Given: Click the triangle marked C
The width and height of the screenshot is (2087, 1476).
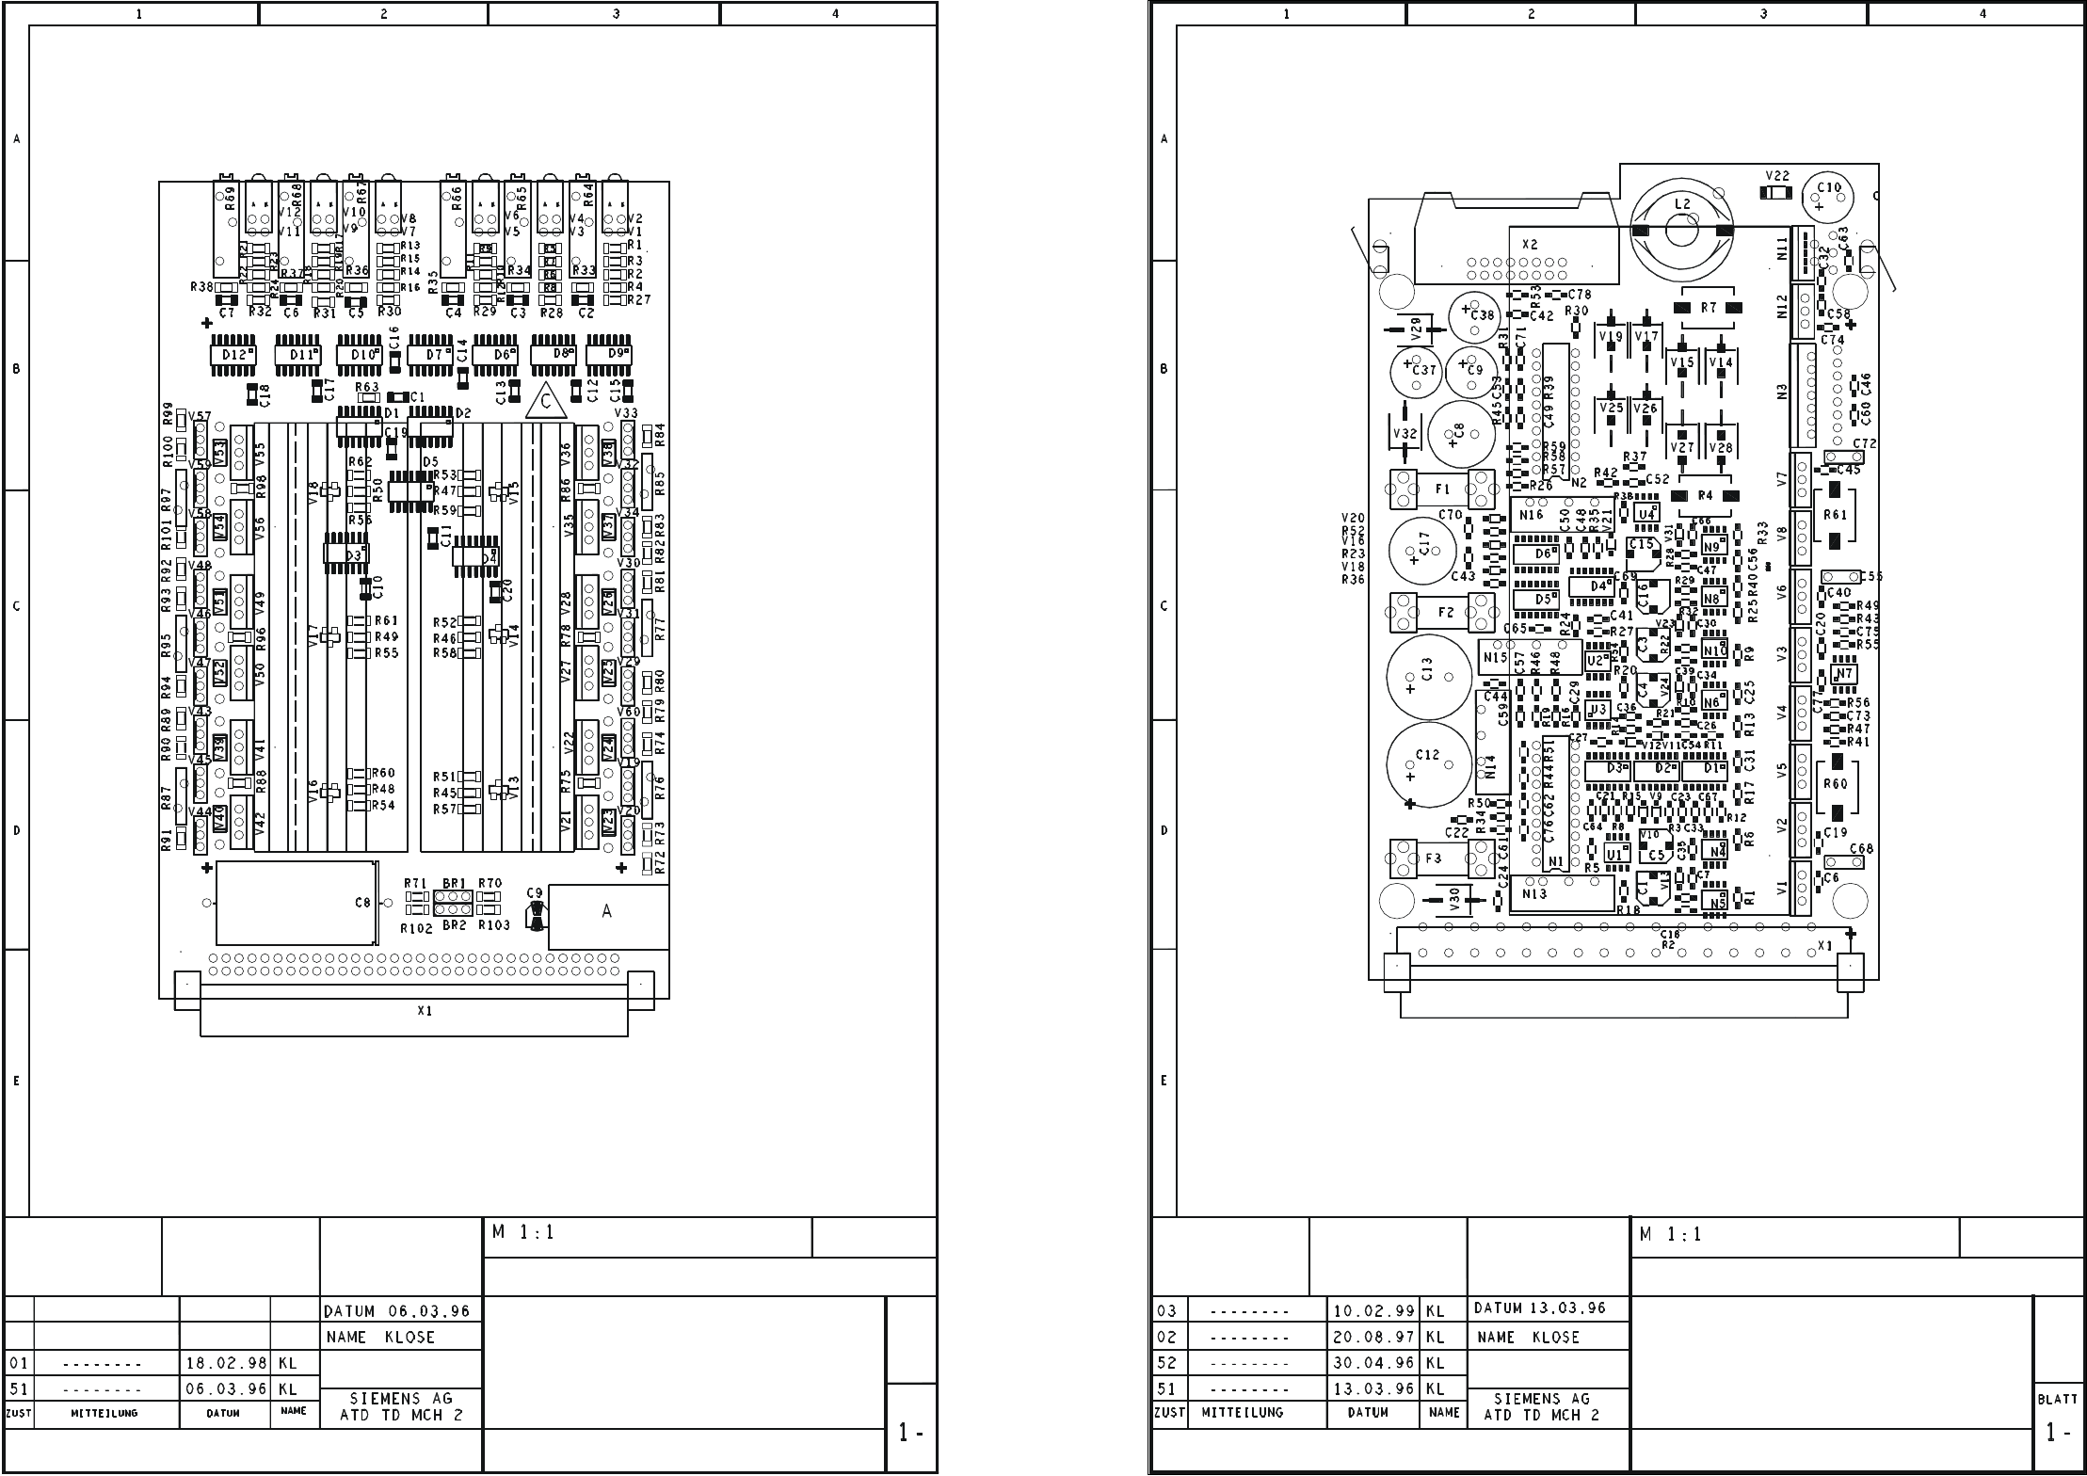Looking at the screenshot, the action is pos(546,403).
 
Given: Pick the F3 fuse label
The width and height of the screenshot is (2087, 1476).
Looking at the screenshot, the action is pos(1433,858).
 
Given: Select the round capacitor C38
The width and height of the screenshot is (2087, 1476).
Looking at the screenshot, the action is pos(1473,316).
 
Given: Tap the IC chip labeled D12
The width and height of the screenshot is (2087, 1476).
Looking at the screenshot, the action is pos(233,355).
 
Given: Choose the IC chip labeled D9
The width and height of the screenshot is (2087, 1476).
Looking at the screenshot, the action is pos(618,354).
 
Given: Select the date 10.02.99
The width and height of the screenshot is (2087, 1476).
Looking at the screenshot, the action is pos(1374,1311).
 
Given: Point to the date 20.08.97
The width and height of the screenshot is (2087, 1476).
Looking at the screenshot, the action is pos(1374,1337).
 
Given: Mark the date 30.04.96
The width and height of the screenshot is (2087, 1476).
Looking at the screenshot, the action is pos(1374,1362).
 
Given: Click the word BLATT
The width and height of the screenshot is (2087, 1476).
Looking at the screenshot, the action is pos(2058,1400).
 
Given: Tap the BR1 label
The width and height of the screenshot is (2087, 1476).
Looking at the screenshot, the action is pos(454,883).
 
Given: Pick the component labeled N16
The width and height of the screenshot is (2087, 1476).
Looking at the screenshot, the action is pos(1531,515).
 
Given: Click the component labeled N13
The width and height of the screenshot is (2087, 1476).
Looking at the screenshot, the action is pos(1534,894).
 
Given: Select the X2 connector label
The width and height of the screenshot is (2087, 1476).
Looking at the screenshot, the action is pos(1530,245).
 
